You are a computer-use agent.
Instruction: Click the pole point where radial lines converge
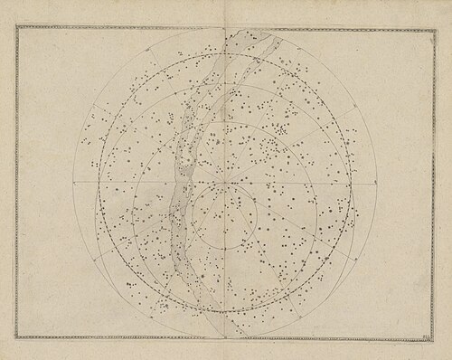226,181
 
